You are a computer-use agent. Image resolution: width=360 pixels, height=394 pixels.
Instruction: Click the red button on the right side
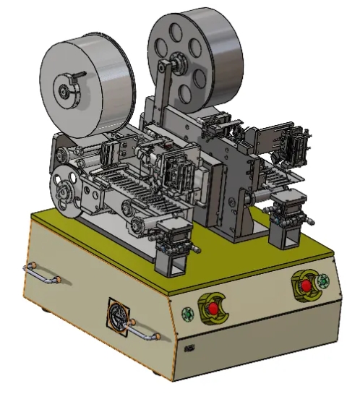coord(307,286)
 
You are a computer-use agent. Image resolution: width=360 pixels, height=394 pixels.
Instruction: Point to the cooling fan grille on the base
coord(119,317)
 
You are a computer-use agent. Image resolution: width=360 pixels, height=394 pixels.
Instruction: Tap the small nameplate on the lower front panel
coord(189,348)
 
